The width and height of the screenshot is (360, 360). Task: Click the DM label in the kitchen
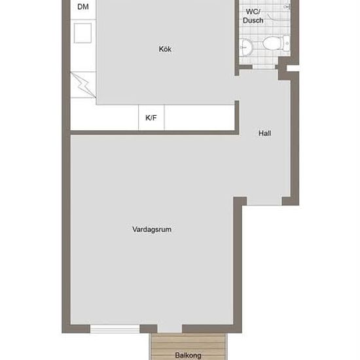(83, 7)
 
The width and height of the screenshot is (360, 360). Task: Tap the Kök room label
(165, 49)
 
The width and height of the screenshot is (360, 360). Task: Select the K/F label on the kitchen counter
(151, 118)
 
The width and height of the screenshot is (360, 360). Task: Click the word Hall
(264, 133)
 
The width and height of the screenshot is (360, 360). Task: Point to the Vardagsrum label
(152, 229)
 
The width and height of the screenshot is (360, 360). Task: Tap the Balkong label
(189, 355)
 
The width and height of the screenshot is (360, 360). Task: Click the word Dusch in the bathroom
(253, 20)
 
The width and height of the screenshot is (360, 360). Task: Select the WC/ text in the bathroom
(253, 12)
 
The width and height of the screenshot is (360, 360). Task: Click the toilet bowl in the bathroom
(272, 43)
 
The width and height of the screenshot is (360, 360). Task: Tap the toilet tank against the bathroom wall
(287, 43)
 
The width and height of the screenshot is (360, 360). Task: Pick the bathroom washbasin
(246, 47)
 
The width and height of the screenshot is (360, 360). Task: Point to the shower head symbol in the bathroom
(287, 7)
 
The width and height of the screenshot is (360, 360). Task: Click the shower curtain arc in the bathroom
(272, 18)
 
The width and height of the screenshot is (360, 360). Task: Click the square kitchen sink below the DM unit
(82, 33)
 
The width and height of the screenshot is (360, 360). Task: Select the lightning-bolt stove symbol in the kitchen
(83, 84)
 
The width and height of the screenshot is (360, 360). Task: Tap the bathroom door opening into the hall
(264, 67)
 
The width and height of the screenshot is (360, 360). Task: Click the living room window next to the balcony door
(115, 329)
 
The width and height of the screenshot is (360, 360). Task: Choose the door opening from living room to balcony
(170, 329)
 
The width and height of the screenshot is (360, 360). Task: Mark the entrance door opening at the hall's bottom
(264, 201)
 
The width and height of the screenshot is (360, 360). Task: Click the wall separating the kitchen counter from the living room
(154, 132)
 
